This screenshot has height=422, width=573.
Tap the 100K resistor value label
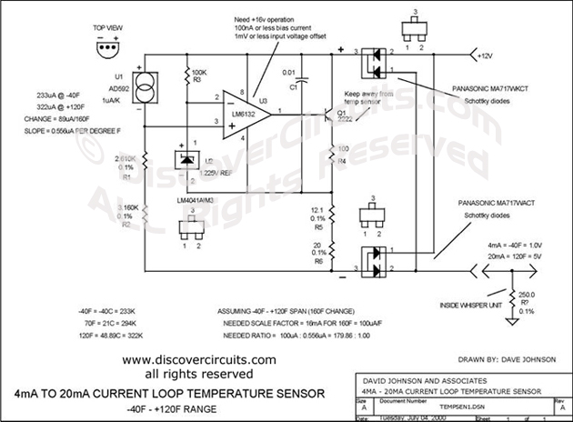coord(196,68)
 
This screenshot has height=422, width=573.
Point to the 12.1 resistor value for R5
coord(312,209)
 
